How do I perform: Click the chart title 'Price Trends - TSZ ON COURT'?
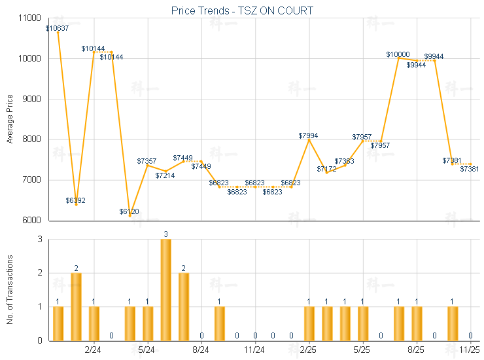point(242,10)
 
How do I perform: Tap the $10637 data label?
point(58,28)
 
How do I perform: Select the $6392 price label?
point(76,200)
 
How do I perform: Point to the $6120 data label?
point(130,211)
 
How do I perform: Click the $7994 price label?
point(309,135)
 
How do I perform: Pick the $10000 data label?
point(398,55)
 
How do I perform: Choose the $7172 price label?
point(327,170)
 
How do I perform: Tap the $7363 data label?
point(345,161)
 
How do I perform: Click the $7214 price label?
point(165,175)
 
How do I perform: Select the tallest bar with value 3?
point(166,289)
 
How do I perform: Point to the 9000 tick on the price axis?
point(29,99)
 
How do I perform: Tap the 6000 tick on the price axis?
point(29,220)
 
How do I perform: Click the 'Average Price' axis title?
point(9,119)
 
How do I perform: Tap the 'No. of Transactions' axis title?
point(9,290)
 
